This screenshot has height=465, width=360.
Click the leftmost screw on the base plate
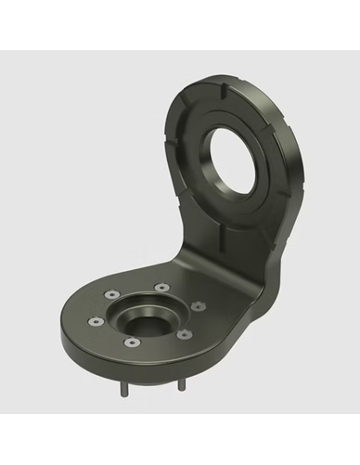coord(95,322)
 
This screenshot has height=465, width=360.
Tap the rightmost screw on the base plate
coord(198,305)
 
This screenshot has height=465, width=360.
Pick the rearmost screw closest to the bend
coord(162,286)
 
